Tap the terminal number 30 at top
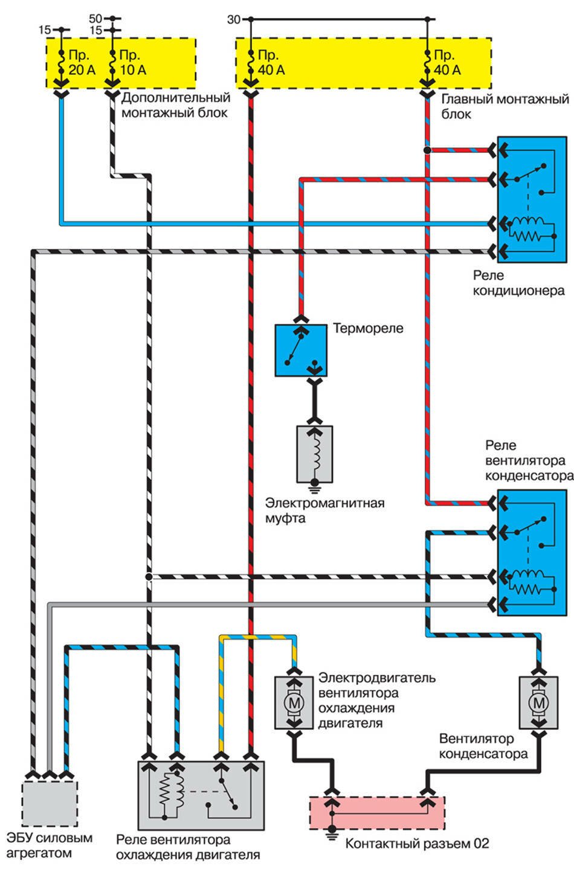coord(234,20)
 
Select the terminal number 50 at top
coord(95,19)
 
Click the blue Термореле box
coord(302,351)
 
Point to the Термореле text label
coord(368,329)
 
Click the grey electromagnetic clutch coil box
coord(314,454)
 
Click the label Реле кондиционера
coord(519,283)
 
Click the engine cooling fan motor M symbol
coord(293,702)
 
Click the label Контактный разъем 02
coord(417,843)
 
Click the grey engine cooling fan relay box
coord(201,795)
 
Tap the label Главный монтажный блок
coord(505,106)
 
